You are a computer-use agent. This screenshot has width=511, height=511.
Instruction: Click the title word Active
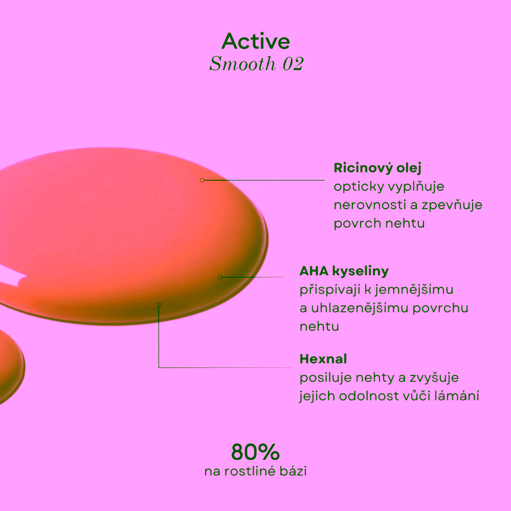[256, 41]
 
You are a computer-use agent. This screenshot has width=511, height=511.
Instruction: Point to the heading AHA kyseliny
[344, 271]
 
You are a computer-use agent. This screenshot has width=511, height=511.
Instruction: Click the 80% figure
[255, 452]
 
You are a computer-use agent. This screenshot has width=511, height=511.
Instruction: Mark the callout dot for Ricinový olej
[202, 180]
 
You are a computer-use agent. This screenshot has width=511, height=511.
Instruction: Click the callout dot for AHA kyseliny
[220, 277]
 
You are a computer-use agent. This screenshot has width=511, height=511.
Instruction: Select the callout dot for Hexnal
[159, 304]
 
